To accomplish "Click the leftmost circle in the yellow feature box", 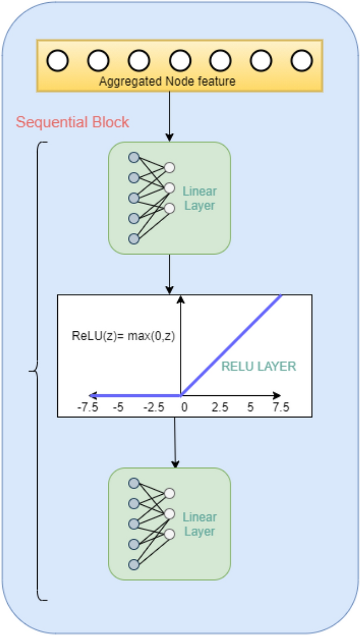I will (57, 61).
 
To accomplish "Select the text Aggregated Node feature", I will (167, 81).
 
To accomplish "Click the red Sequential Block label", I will (72, 122).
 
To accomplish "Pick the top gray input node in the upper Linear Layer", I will (133, 157).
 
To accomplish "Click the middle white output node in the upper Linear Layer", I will (170, 187).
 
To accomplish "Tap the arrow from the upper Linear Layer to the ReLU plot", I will (169, 274).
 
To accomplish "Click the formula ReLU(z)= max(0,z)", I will (123, 336).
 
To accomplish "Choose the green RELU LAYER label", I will (259, 366).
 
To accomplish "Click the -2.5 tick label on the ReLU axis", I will (153, 408).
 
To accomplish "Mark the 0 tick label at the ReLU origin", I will (184, 408).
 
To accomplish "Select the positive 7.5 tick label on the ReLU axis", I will (280, 408).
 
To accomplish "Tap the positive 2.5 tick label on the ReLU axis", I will (219, 408).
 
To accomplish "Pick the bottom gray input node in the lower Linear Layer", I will (133, 564).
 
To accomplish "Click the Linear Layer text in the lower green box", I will (199, 524).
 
